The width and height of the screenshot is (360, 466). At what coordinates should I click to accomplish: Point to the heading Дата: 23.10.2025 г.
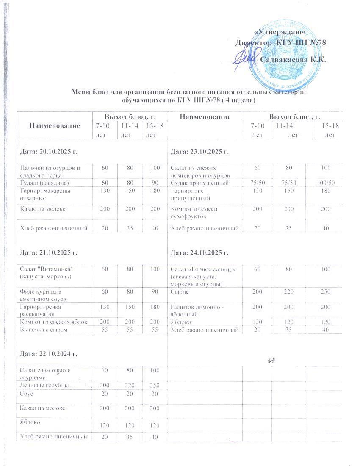[x=199, y=151]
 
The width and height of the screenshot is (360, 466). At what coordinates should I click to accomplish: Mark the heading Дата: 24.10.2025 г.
[x=199, y=253]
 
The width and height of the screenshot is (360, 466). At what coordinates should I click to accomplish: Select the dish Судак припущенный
[x=199, y=183]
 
